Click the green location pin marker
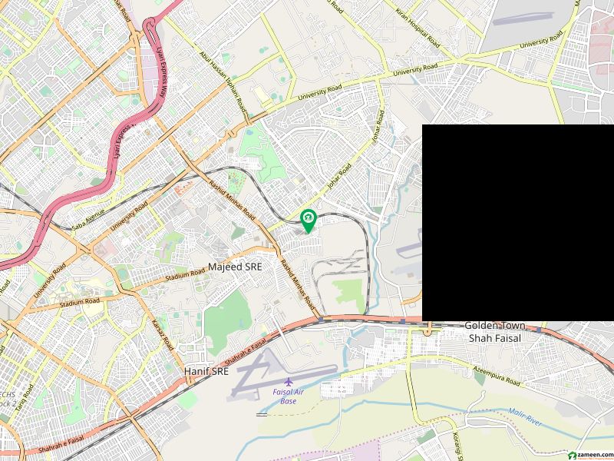308,220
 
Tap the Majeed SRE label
235,267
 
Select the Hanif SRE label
206,371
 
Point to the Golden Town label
495,326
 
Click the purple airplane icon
289,383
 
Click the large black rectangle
518,222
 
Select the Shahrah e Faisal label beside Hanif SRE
247,350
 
